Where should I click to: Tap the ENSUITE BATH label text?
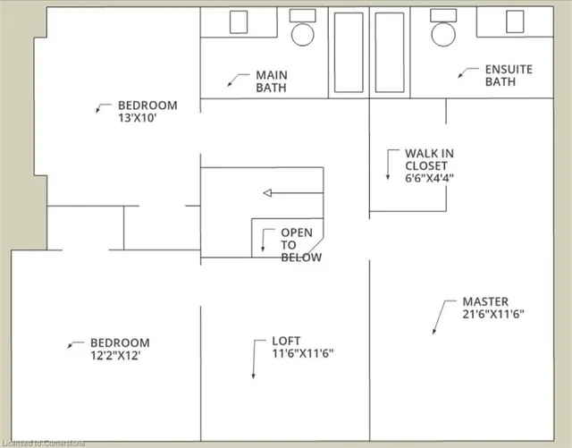tap(508, 75)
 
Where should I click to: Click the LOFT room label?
tap(286, 341)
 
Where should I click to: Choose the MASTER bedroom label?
tap(485, 302)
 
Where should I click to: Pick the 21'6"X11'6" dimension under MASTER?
tap(492, 314)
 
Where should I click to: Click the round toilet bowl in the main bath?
tap(304, 35)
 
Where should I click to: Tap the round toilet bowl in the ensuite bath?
tap(443, 34)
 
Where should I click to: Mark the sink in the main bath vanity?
tap(240, 21)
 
